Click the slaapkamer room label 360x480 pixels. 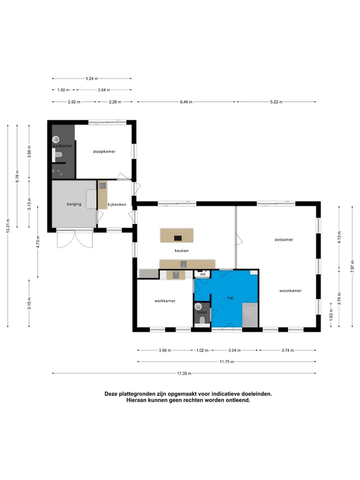[104, 151]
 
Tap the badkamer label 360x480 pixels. [63, 145]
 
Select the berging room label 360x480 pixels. [74, 204]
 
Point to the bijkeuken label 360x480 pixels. [116, 204]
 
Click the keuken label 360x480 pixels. [181, 250]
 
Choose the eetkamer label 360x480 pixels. [283, 239]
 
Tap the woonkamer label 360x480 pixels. [290, 290]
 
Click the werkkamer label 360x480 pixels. [164, 300]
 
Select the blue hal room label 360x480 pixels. [230, 297]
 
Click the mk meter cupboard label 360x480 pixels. [203, 274]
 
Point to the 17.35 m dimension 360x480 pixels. [184, 373]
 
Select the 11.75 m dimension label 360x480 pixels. [226, 361]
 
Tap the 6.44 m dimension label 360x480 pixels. [186, 101]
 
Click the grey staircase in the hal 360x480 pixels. [250, 314]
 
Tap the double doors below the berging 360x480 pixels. [74, 239]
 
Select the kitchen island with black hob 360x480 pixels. [176, 234]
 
